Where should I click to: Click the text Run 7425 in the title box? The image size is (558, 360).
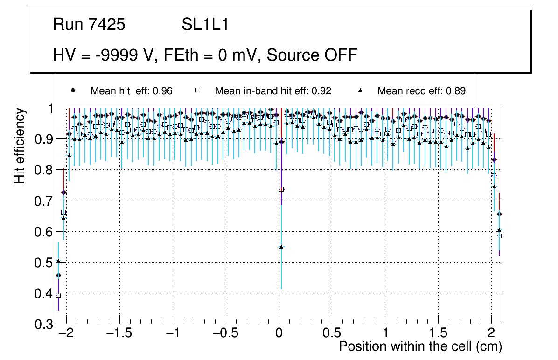tap(89, 25)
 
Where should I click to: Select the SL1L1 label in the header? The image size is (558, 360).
tap(205, 25)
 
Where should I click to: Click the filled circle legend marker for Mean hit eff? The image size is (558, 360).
tap(73, 90)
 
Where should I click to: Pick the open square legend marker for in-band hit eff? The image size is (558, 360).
tap(197, 90)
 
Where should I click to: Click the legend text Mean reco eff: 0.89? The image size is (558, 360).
tap(421, 91)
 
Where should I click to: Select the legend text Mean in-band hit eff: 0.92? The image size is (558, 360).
tap(273, 91)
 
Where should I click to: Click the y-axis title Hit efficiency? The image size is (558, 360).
tap(20, 145)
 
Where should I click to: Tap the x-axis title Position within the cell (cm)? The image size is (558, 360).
tap(420, 346)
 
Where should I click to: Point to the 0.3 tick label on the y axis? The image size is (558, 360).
tap(44, 324)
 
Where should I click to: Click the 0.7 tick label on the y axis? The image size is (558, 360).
tap(44, 201)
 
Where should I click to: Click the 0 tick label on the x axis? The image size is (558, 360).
tap(279, 334)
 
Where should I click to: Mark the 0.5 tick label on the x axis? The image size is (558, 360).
tap(332, 334)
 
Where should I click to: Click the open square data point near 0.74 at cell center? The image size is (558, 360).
tap(281, 189)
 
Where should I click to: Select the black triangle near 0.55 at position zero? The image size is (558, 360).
tap(281, 247)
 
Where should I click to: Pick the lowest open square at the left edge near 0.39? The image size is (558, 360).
tap(58, 295)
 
